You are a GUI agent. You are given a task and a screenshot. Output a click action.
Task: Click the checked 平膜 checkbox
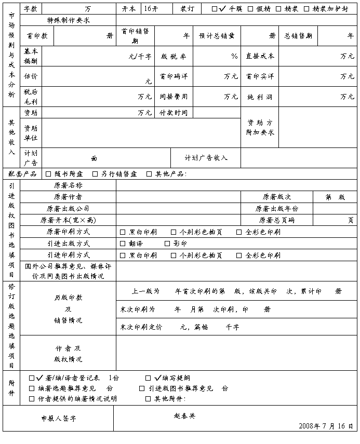[215, 9]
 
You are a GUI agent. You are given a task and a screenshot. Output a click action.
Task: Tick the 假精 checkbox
[250, 9]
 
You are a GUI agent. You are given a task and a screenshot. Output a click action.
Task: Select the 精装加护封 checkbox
[306, 9]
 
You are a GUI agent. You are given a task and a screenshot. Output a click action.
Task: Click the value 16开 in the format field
[151, 9]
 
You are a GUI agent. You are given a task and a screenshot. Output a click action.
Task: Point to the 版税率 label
[174, 56]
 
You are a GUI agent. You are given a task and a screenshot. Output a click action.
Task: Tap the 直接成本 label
[260, 56]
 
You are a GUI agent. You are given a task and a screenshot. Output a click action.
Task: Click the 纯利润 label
[260, 97]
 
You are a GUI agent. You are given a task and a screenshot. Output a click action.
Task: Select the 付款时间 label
[174, 113]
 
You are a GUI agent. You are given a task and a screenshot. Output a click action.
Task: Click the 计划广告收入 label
[206, 158]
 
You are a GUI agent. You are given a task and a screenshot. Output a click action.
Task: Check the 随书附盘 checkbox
[48, 174]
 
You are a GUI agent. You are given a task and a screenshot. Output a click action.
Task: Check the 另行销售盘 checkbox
[95, 174]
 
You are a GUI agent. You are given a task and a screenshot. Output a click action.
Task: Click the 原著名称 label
[68, 185]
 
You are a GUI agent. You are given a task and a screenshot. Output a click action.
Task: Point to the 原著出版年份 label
[277, 209]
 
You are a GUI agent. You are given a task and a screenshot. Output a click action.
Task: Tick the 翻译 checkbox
[123, 244]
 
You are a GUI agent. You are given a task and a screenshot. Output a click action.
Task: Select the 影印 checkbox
[167, 244]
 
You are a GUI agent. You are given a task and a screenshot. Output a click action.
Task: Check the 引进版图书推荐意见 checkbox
[142, 388]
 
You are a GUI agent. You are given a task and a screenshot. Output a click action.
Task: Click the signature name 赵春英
[184, 416]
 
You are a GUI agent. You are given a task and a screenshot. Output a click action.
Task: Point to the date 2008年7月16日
[326, 426]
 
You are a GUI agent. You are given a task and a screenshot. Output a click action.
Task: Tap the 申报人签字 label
[59, 419]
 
